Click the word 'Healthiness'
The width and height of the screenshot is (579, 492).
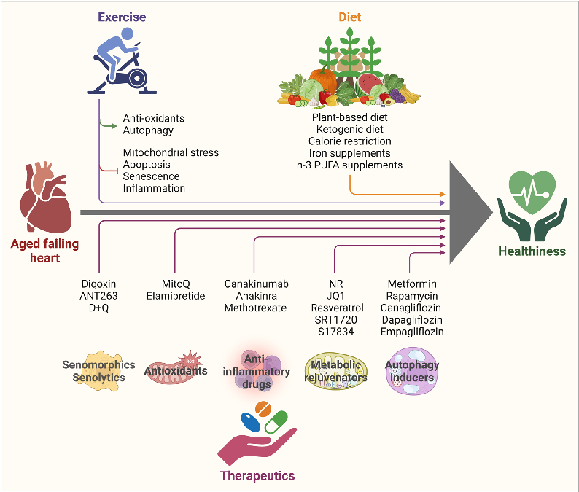[x=532, y=251]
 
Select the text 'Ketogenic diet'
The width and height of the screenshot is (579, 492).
[x=349, y=129]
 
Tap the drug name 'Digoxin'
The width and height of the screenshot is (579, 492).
[x=99, y=284]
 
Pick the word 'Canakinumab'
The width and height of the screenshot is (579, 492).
[x=257, y=284]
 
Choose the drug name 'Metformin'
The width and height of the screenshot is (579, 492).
[x=412, y=284]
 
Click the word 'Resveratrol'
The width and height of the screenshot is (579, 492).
[x=337, y=308]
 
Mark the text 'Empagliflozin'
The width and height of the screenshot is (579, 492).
[x=412, y=332]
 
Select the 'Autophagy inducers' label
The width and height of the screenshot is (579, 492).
[x=412, y=371]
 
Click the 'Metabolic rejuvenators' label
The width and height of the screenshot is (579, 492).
[x=337, y=371]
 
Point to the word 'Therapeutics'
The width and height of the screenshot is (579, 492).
[x=257, y=476]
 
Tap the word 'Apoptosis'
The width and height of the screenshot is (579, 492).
[x=146, y=165]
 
